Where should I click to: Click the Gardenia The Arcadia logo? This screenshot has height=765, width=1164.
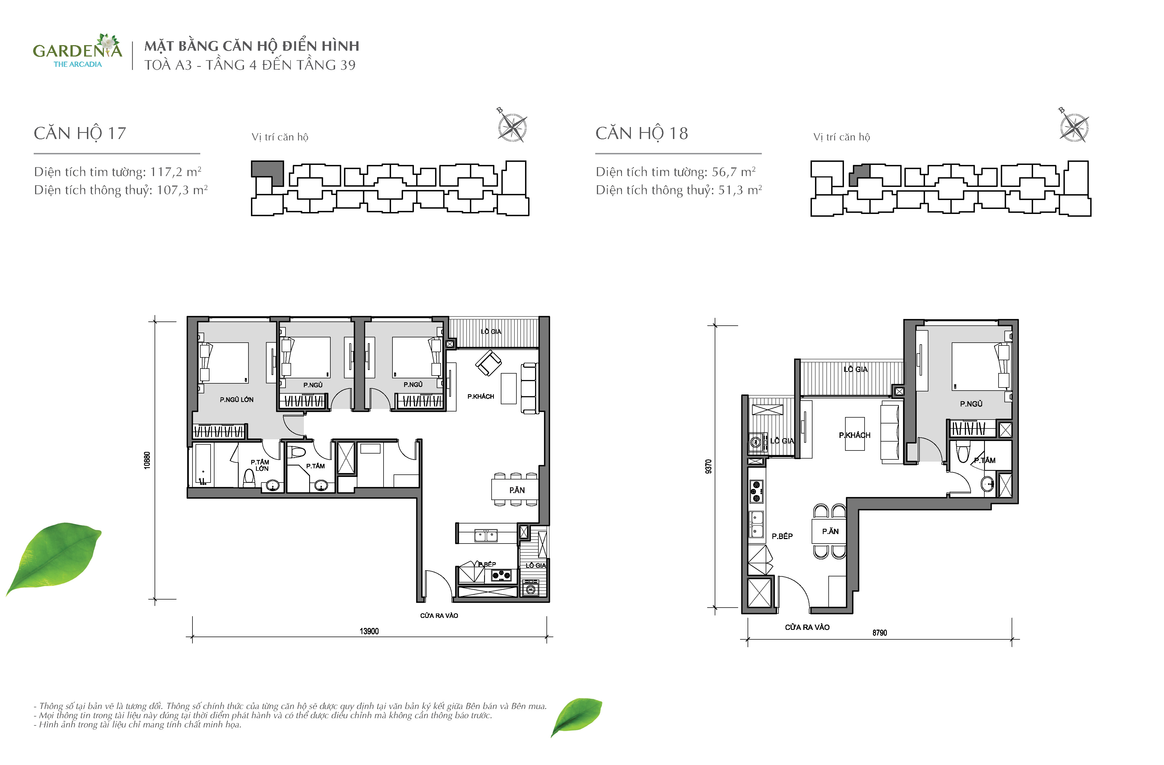(77, 51)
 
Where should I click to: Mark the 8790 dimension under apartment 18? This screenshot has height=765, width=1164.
(879, 633)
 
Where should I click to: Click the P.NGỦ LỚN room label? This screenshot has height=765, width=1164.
(237, 399)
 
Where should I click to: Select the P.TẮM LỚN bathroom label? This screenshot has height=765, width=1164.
(260, 465)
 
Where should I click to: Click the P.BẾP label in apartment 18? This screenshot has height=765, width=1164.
(782, 536)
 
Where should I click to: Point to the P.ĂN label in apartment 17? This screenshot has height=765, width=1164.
(517, 490)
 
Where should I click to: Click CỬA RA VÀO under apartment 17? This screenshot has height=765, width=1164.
(439, 616)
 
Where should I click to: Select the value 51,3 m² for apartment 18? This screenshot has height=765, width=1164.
(740, 190)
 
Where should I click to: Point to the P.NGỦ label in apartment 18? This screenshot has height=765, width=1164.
(971, 404)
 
